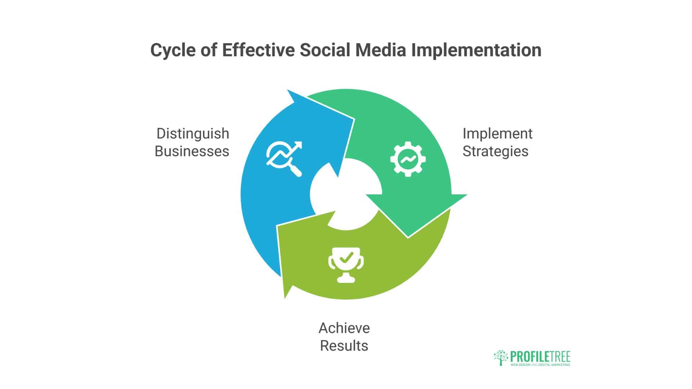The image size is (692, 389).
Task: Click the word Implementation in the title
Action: (476, 50)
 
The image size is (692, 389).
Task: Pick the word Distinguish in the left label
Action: (193, 134)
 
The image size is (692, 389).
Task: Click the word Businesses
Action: (192, 151)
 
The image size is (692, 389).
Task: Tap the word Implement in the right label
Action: (497, 134)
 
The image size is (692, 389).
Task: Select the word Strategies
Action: (495, 151)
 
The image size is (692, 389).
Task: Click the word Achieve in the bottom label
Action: (344, 328)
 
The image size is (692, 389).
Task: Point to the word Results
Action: (344, 346)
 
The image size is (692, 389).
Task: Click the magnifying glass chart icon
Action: (284, 158)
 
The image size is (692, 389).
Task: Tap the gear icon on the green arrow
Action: (408, 159)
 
